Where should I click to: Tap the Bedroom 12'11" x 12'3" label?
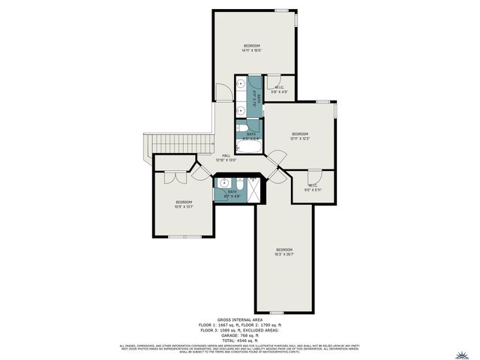coord(300,136)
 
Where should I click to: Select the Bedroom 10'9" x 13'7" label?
coord(184,205)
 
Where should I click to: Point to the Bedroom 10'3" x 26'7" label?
coord(283,252)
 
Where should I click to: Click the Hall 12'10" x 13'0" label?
coord(226,157)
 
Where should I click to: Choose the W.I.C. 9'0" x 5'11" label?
coord(313,187)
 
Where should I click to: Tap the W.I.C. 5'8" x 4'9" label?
coord(279,90)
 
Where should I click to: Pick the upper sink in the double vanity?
coord(241,84)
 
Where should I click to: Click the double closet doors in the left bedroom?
coord(172,178)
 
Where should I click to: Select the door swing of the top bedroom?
coord(223,92)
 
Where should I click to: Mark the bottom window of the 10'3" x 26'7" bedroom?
coord(276,313)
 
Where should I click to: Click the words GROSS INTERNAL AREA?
coord(239,319)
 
